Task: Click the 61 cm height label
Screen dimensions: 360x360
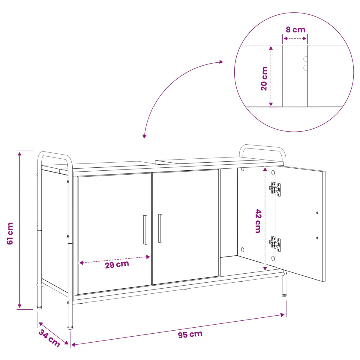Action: tap(10, 234)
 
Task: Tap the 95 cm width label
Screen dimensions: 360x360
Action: tap(190, 334)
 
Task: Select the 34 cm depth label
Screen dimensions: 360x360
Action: tap(49, 338)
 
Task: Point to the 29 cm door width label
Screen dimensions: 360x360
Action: tap(117, 265)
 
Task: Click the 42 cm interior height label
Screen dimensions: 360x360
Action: tap(258, 221)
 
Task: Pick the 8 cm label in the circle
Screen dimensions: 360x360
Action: tap(295, 30)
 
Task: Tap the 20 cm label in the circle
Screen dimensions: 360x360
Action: tap(264, 79)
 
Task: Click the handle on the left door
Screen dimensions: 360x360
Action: tap(145, 229)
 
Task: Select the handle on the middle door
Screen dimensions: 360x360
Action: tap(160, 228)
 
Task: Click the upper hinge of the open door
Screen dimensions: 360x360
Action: tap(275, 189)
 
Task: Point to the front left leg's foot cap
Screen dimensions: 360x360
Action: tap(70, 327)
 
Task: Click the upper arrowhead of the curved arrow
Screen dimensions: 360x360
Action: tap(221, 62)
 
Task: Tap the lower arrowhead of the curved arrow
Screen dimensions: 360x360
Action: tap(144, 136)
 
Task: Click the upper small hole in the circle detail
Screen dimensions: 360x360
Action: tap(305, 59)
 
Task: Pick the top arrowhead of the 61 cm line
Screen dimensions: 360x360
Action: tap(19, 154)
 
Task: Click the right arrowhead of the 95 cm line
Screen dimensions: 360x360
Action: tap(283, 315)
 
